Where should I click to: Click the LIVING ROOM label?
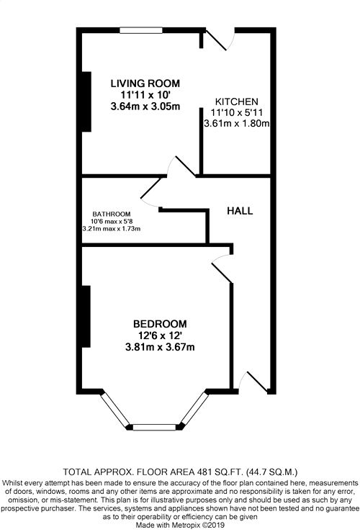[x=145, y=83]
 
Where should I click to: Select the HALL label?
[x=240, y=211]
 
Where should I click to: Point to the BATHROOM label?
[x=111, y=214]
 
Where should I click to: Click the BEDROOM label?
[x=160, y=323]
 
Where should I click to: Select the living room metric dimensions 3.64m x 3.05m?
[x=145, y=107]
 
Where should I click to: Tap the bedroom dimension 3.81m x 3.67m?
[x=160, y=348]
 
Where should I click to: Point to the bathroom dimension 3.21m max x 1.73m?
[x=111, y=229]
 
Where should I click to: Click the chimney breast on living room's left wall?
[x=86, y=101]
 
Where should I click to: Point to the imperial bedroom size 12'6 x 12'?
[x=160, y=335]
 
